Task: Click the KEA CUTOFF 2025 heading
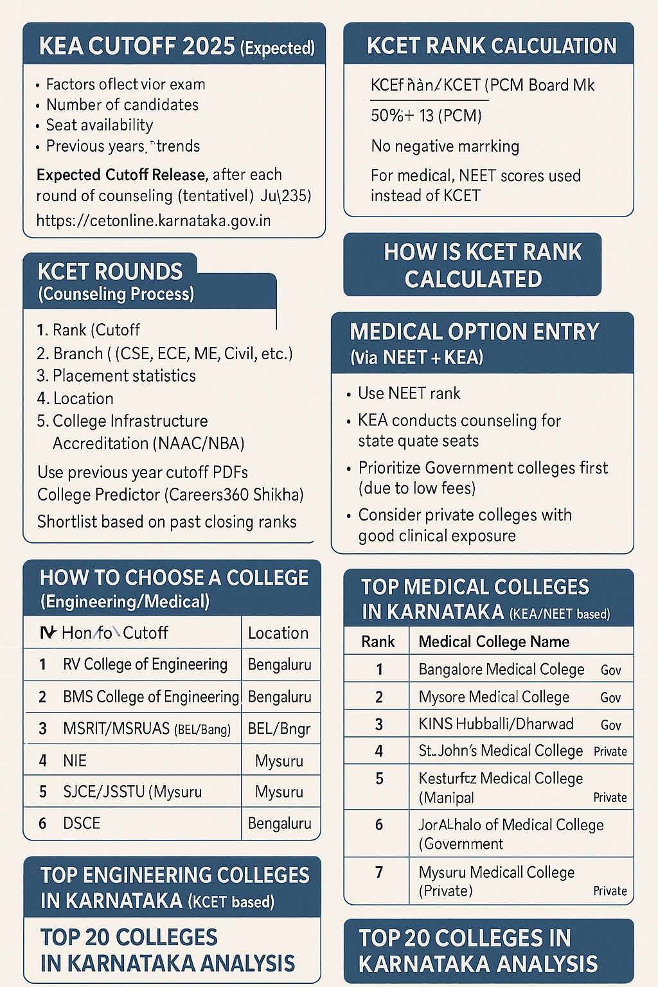click(x=176, y=46)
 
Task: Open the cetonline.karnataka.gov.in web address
click(x=154, y=221)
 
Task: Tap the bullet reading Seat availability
click(x=100, y=125)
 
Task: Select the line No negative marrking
click(x=445, y=147)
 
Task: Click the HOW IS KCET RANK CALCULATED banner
click(x=473, y=265)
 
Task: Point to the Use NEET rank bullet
click(x=409, y=393)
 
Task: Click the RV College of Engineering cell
click(x=145, y=664)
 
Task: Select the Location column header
click(x=278, y=634)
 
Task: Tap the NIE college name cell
click(x=75, y=761)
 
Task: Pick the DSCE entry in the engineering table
click(x=82, y=823)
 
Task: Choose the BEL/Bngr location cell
click(x=279, y=729)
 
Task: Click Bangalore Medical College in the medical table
click(x=501, y=670)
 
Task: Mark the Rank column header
click(x=378, y=642)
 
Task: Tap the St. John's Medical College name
click(x=501, y=751)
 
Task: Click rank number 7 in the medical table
click(x=379, y=872)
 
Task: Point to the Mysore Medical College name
click(x=493, y=697)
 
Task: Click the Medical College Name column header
click(x=493, y=642)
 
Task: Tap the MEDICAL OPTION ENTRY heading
click(x=474, y=332)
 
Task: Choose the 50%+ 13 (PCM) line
click(x=426, y=116)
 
